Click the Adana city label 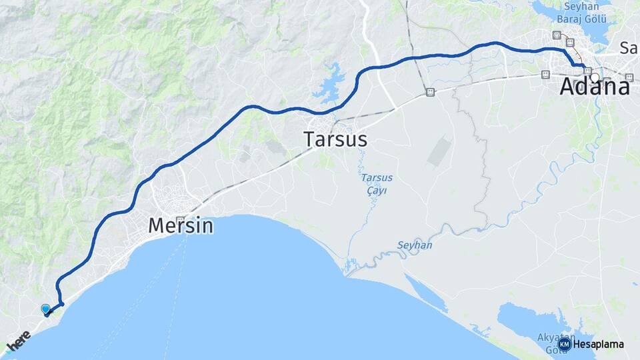[x=595, y=87]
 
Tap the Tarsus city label [x=335, y=139]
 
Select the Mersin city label [x=181, y=226]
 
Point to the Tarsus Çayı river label [x=377, y=184]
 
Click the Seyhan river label [x=415, y=245]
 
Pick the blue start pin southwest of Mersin [x=45, y=309]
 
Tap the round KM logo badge [x=564, y=344]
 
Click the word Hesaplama [x=598, y=344]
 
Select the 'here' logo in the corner [x=19, y=341]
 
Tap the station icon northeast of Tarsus [x=430, y=91]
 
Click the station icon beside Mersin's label [x=180, y=219]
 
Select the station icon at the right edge [x=629, y=77]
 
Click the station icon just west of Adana [x=547, y=75]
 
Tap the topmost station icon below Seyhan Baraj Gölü [x=557, y=35]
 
